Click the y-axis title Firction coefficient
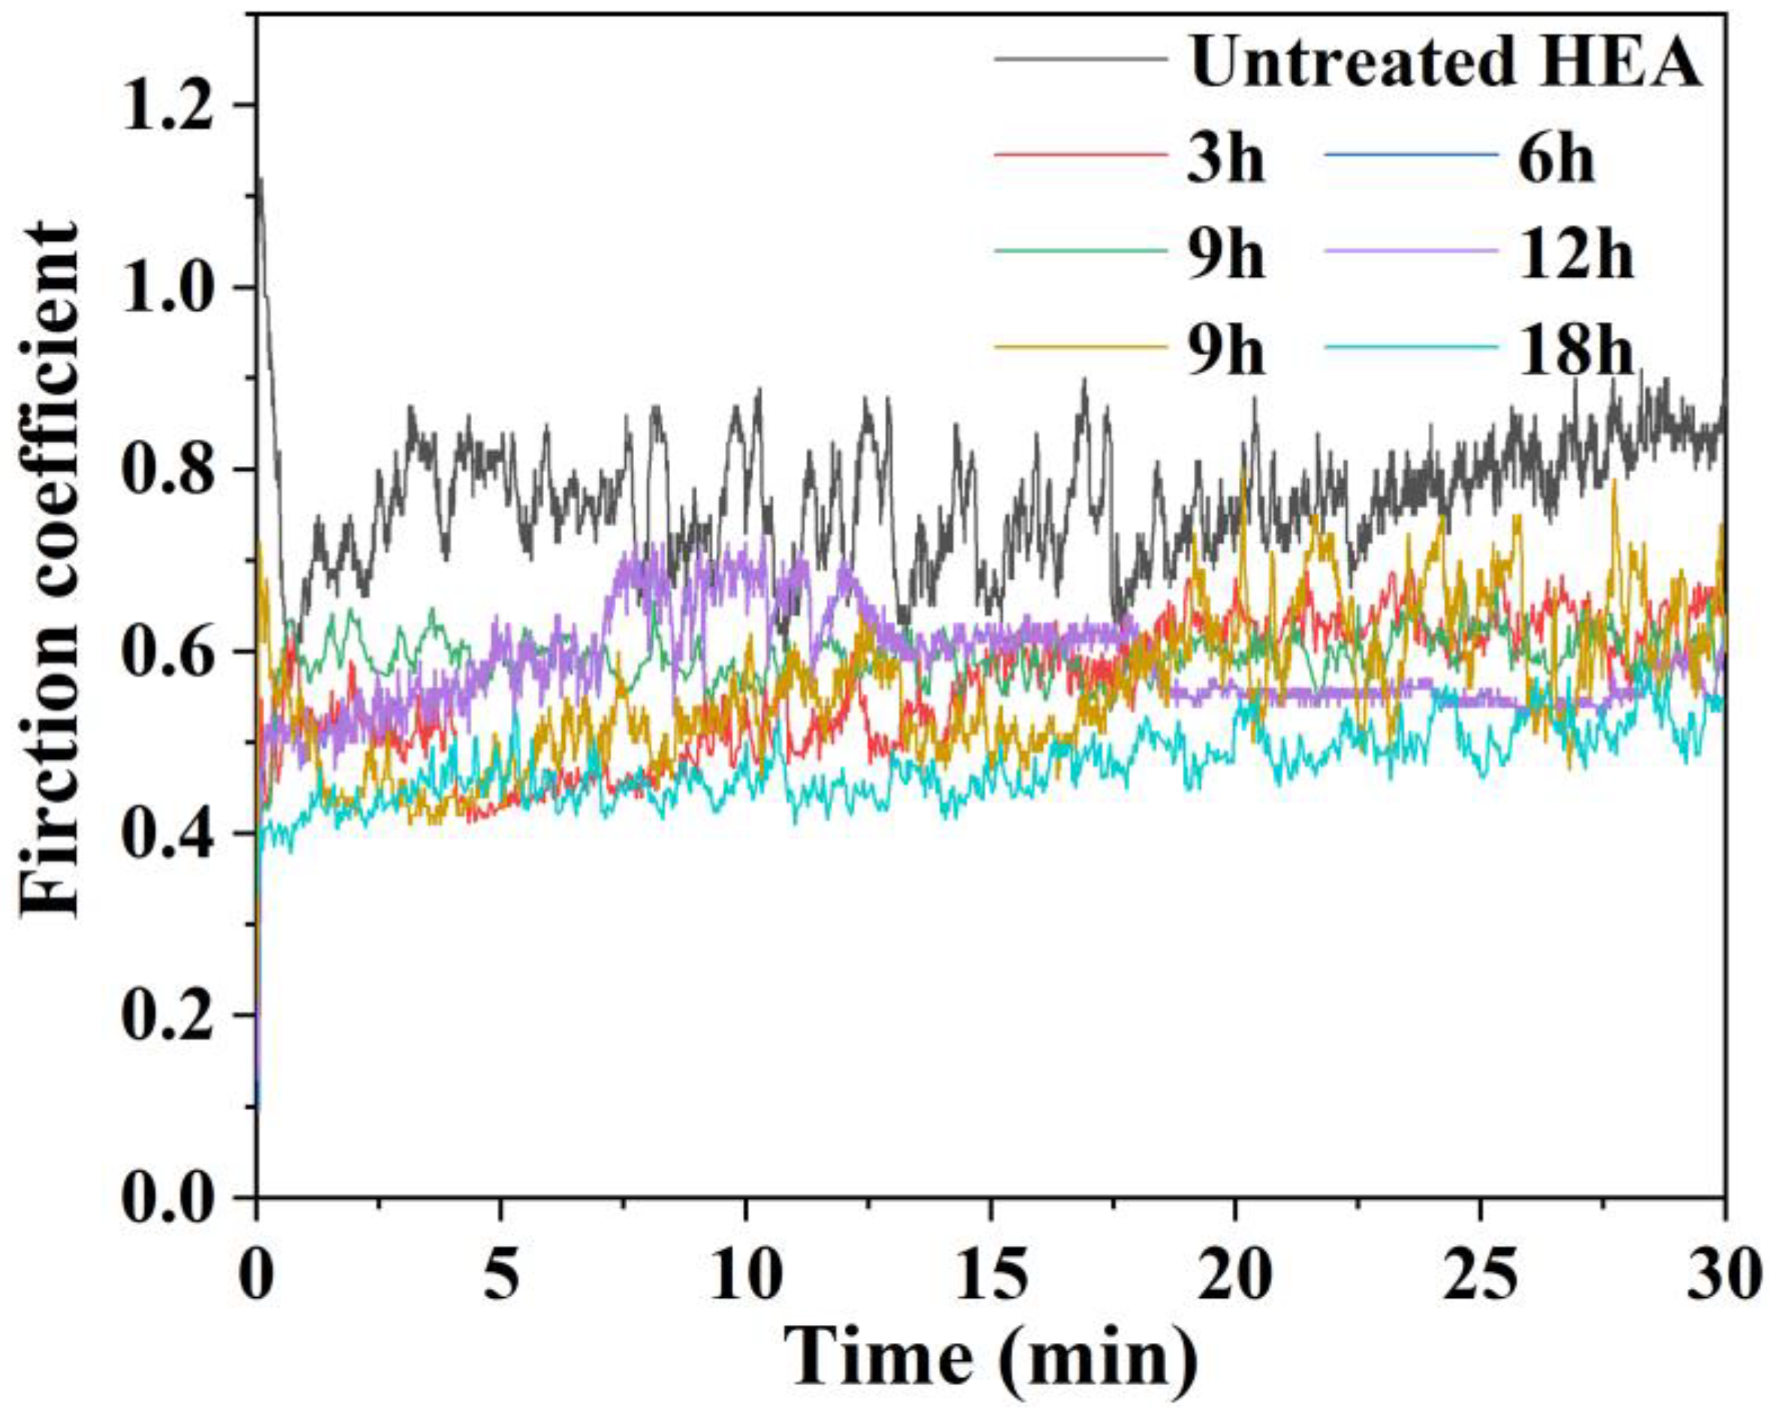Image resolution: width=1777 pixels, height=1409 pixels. pos(51,569)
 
